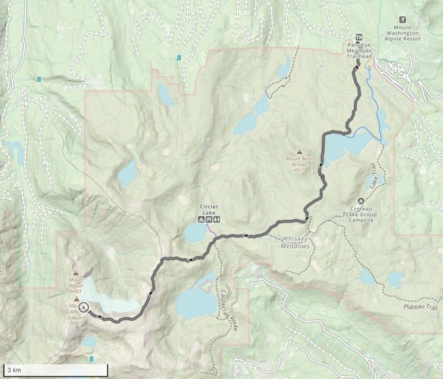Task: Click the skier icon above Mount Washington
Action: point(410,19)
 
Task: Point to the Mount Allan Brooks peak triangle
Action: point(299,151)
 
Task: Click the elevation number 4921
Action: point(299,170)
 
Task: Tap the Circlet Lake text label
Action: point(210,209)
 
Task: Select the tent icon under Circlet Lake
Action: point(201,220)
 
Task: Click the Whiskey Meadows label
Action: point(295,243)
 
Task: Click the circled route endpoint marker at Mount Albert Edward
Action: point(84,307)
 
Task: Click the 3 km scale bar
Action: point(55,369)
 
